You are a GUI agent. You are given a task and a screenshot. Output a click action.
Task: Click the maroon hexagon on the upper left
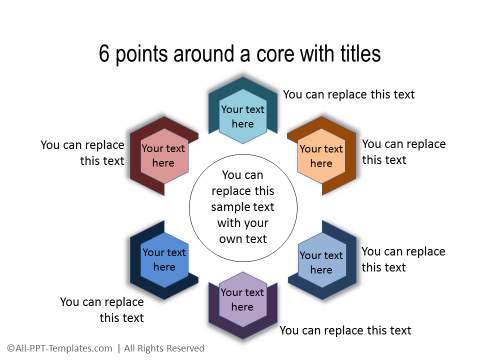(163, 154)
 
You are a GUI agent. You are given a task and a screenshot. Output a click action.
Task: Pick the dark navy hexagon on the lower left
(163, 259)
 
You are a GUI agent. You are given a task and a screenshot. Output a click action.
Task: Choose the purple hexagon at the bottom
(243, 299)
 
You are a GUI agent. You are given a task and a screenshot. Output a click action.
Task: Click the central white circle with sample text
(242, 206)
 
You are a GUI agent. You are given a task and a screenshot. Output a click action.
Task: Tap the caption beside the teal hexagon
(348, 95)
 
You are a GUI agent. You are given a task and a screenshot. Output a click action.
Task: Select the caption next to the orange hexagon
(403, 152)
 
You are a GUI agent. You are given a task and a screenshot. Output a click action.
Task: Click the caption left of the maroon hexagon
(82, 152)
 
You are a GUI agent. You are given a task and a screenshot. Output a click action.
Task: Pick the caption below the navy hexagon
(102, 309)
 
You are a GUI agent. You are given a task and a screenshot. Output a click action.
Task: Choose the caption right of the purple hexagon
(345, 330)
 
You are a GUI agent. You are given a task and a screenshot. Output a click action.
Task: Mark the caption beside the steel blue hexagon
(402, 259)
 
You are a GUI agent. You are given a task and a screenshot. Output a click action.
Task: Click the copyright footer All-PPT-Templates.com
(59, 348)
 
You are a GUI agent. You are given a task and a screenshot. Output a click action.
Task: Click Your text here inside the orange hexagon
(321, 156)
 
